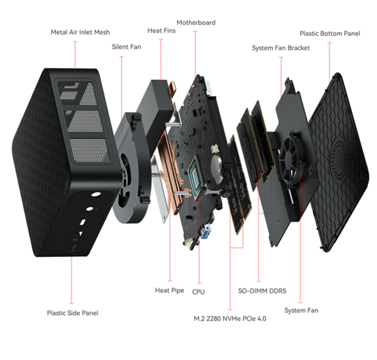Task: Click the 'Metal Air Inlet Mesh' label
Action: pos(80,32)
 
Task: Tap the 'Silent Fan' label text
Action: pos(126,47)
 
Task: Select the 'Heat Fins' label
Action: pos(161,31)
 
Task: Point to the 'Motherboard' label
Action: pos(196,23)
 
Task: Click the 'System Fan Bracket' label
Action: pos(281,48)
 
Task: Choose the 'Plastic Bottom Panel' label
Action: pos(329,33)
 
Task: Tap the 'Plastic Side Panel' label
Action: pos(72,313)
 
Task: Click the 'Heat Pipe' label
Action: pos(169,290)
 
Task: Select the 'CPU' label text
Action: pos(198,292)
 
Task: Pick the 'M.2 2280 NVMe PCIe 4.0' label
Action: pos(230,319)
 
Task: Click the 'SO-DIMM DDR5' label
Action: pos(262,292)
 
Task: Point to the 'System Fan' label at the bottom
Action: pos(301,310)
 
